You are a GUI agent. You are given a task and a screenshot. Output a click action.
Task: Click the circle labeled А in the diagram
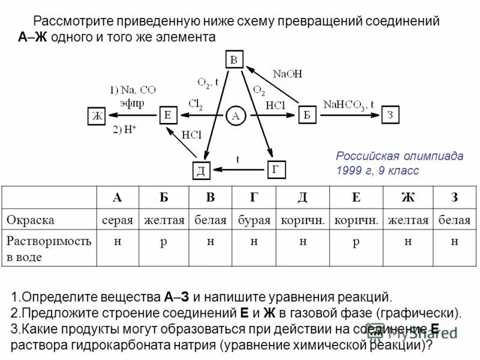236,116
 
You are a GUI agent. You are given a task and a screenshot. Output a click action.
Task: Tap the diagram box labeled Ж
95,116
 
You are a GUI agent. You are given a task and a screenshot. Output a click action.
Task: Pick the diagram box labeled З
389,115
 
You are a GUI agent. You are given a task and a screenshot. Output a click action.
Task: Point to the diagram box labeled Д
201,170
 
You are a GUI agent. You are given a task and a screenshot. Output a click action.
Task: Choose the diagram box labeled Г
275,169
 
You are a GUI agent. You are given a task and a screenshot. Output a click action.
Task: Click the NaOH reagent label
287,74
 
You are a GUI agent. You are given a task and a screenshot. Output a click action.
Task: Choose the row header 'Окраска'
31,220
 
